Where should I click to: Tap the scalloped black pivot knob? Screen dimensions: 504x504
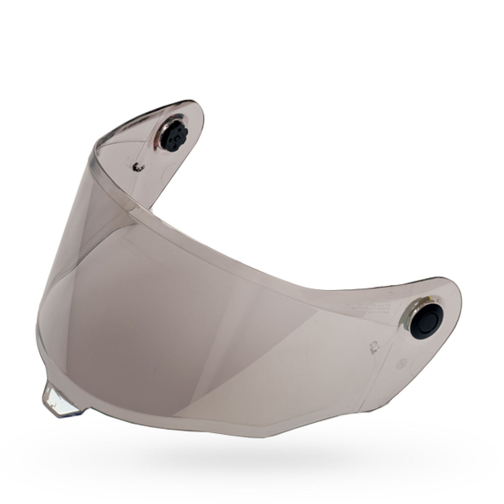[x=172, y=137]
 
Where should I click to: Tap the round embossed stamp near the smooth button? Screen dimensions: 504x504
[x=400, y=364]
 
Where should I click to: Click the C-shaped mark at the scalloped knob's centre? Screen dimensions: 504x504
[x=173, y=138]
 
